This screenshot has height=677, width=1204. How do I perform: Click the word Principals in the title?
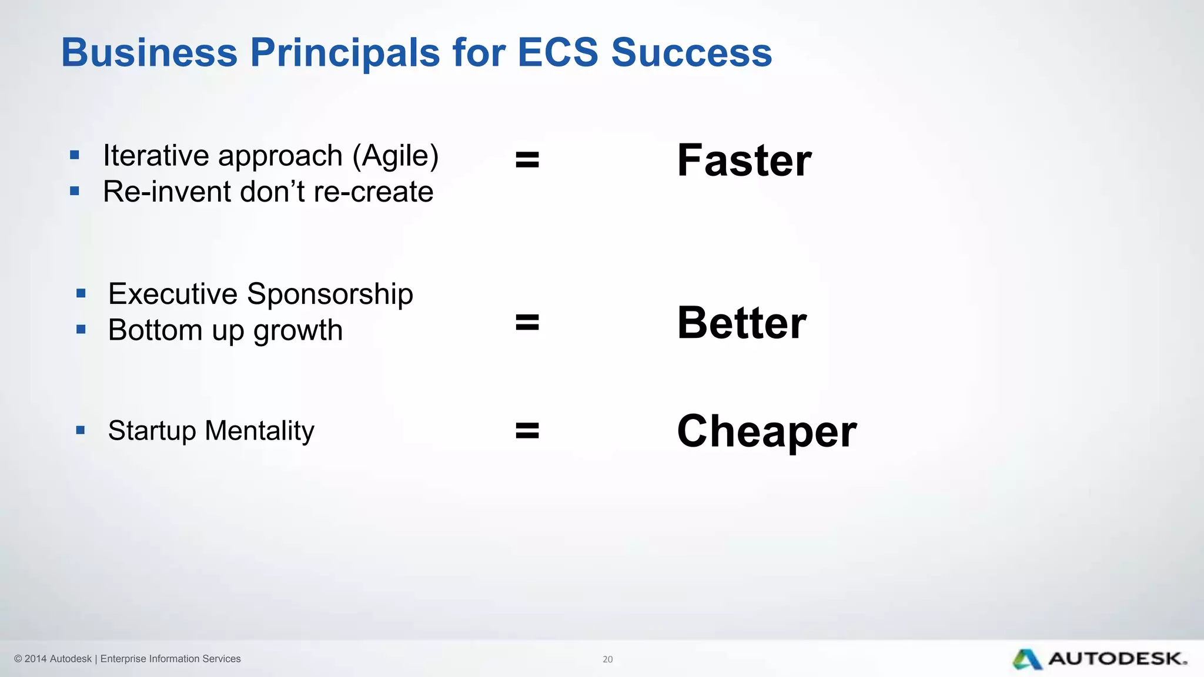345,53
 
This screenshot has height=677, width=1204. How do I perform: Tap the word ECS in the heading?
557,53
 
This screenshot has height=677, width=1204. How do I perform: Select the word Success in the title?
691,53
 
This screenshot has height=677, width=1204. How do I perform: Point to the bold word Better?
742,323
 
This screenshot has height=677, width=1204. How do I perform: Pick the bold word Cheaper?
767,431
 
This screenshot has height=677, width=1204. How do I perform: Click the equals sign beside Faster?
527,159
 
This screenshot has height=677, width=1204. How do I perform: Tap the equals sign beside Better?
527,322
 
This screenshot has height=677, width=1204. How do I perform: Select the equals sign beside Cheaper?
527,430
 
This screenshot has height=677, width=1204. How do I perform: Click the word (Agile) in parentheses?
396,156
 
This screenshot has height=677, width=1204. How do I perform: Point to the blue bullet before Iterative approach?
74,155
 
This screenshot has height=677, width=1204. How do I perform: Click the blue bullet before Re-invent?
74,191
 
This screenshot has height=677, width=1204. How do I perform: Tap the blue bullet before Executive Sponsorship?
81,293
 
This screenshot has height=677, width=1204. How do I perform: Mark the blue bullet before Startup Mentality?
81,430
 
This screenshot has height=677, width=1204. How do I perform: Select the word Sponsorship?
330,294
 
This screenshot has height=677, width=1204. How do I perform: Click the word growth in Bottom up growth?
298,330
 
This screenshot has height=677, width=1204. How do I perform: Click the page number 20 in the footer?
607,659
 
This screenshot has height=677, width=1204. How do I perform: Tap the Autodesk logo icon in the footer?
1027,659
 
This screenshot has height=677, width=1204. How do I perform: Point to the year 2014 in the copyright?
35,659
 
